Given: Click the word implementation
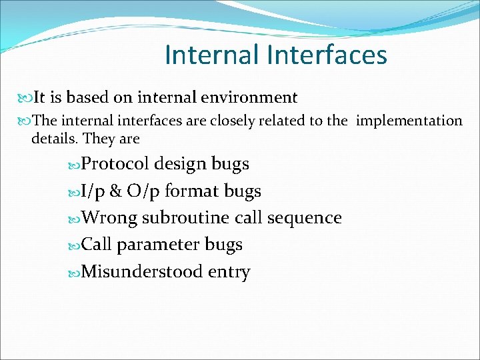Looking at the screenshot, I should pos(409,121).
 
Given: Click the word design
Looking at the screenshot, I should pos(181,164).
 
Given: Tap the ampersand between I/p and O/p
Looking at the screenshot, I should pos(115,191).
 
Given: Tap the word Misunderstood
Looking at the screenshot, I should pos(142,272).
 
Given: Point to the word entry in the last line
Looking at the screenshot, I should pos(229,273).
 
